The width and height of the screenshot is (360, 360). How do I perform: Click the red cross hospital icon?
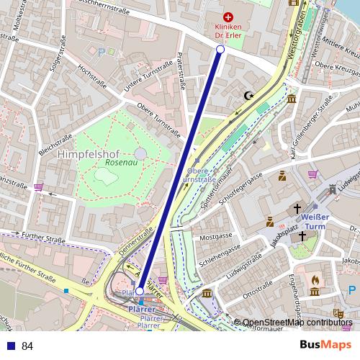coord(228,17)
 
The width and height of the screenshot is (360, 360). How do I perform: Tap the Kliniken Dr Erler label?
coord(228,31)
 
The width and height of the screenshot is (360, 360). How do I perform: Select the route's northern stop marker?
coord(220,49)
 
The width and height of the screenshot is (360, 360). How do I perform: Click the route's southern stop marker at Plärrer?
coord(139,292)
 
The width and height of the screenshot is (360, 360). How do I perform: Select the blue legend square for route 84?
coord(9,346)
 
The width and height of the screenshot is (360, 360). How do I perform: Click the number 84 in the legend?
coord(27,346)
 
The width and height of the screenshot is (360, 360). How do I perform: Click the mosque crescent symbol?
coord(250,95)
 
